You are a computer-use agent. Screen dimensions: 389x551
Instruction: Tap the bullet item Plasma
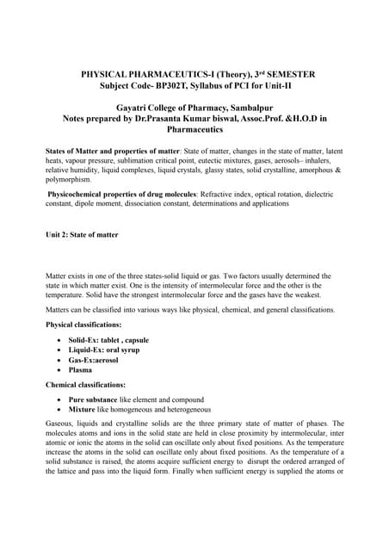[83, 373]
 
